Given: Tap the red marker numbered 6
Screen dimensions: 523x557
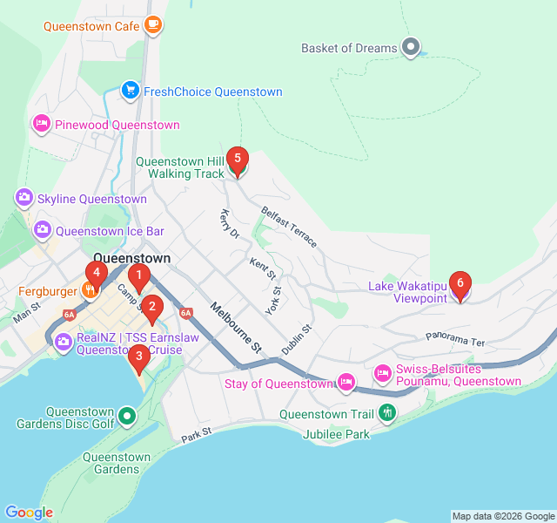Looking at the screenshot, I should pyautogui.click(x=460, y=285).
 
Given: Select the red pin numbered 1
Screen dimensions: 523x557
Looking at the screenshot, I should pyautogui.click(x=138, y=279).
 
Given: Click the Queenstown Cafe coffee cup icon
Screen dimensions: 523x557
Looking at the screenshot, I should pyautogui.click(x=153, y=25).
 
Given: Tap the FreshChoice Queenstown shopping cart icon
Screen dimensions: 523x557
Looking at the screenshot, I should pyautogui.click(x=130, y=91).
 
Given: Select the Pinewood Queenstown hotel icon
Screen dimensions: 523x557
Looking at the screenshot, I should pyautogui.click(x=40, y=125).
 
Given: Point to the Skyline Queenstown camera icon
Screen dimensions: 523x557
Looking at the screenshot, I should pyautogui.click(x=23, y=199).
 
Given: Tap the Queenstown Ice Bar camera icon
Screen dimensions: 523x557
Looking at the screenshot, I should pyautogui.click(x=41, y=231).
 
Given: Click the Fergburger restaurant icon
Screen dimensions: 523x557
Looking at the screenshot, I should pyautogui.click(x=89, y=290).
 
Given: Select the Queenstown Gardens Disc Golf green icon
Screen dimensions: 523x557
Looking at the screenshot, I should pyautogui.click(x=128, y=417).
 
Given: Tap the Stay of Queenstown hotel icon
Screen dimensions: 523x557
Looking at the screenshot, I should pyautogui.click(x=346, y=382).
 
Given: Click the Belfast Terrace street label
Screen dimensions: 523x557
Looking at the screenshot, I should pyautogui.click(x=289, y=227).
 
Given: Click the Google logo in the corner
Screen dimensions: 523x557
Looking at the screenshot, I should pyautogui.click(x=29, y=513).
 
